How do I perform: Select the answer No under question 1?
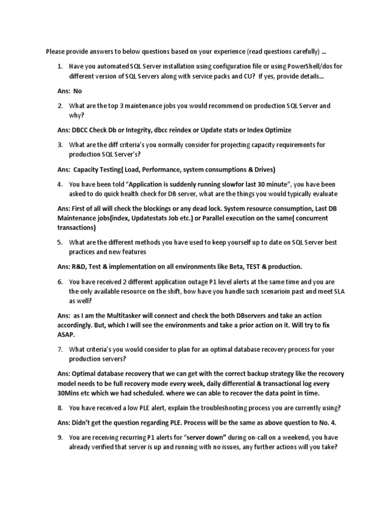77,91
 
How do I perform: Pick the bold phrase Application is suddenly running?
166,184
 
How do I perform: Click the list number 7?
59,349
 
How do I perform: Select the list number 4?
59,184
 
